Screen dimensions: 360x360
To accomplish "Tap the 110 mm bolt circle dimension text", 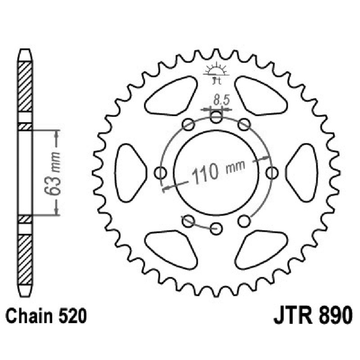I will (215, 171).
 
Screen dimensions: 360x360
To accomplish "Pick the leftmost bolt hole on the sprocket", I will (160, 172).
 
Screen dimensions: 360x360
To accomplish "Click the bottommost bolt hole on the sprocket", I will (216, 227).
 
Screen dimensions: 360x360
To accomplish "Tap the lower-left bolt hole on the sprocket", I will (189, 220).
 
